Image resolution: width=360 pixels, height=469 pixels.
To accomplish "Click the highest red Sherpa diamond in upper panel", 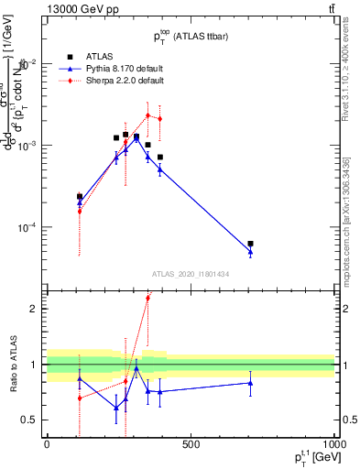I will [x=148, y=115].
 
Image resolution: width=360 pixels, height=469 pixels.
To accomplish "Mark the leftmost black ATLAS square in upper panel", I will [x=80, y=196].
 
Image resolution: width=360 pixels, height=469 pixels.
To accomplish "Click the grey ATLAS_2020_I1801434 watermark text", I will [x=191, y=273].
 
